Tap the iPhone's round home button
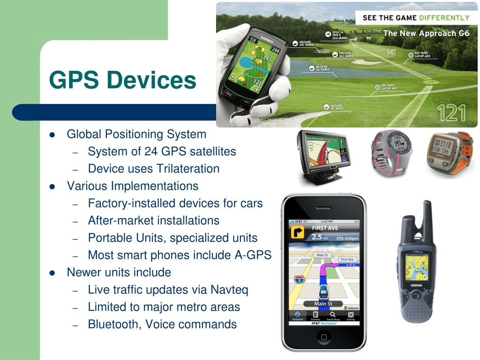323,336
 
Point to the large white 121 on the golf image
451,114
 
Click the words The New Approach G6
426,33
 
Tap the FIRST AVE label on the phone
325,228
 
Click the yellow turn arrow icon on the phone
297,232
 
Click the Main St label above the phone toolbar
323,304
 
